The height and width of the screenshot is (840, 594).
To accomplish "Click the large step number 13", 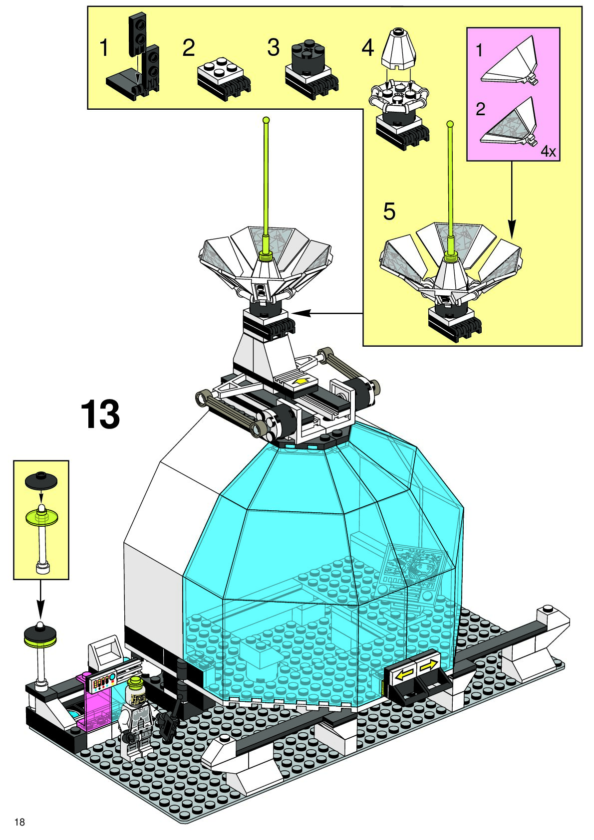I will pyautogui.click(x=100, y=414).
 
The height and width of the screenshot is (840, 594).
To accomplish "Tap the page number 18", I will pyautogui.click(x=19, y=822).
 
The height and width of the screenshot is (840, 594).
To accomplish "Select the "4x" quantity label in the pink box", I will pyautogui.click(x=548, y=151).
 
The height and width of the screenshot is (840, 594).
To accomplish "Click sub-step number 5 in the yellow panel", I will pyautogui.click(x=389, y=211).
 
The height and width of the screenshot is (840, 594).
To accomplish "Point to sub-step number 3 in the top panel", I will pyautogui.click(x=273, y=48).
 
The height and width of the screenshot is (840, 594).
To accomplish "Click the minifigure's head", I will pyautogui.click(x=136, y=687).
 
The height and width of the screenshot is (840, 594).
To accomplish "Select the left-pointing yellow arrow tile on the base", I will pyautogui.click(x=405, y=673).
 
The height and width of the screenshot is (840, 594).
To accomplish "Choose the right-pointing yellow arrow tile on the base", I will pyautogui.click(x=428, y=665).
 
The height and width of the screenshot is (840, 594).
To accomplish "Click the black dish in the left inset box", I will pyautogui.click(x=41, y=480).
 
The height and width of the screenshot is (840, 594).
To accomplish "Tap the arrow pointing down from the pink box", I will pyautogui.click(x=511, y=200).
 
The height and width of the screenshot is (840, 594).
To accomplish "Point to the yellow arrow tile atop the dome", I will pyautogui.click(x=300, y=382).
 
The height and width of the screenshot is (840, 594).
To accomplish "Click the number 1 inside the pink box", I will pyautogui.click(x=479, y=50).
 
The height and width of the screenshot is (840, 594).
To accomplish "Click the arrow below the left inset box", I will pyautogui.click(x=40, y=600).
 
